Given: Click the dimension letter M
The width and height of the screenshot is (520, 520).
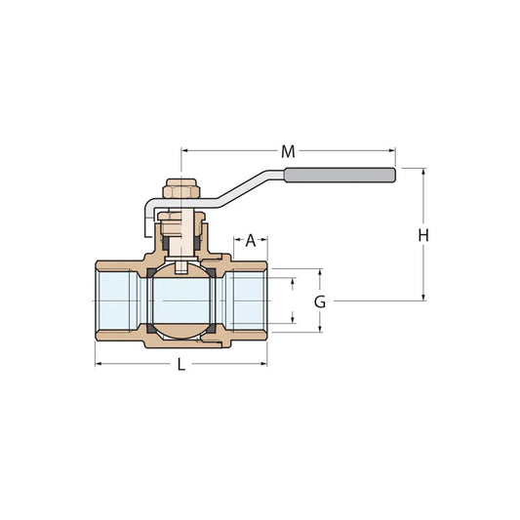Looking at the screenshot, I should [x=288, y=151].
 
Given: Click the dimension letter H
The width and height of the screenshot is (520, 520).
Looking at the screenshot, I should [x=423, y=235].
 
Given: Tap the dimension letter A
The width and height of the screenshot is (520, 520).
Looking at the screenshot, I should [x=251, y=240].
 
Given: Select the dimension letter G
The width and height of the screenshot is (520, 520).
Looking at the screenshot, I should [x=319, y=301].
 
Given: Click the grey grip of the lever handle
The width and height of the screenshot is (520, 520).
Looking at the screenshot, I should [x=340, y=176].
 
